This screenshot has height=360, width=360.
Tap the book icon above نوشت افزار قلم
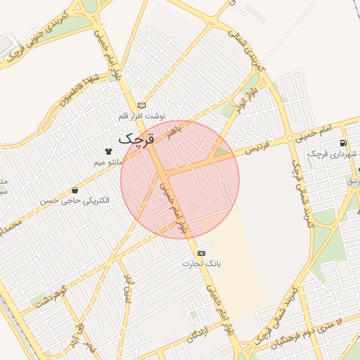click(142, 105)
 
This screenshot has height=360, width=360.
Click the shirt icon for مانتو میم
click(108, 151)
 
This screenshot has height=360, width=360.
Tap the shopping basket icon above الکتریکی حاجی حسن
click(75, 190)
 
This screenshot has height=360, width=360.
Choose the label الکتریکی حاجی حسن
click(75, 201)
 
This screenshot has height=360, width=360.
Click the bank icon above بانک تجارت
click(202, 252)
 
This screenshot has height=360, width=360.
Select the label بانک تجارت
click(202, 264)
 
